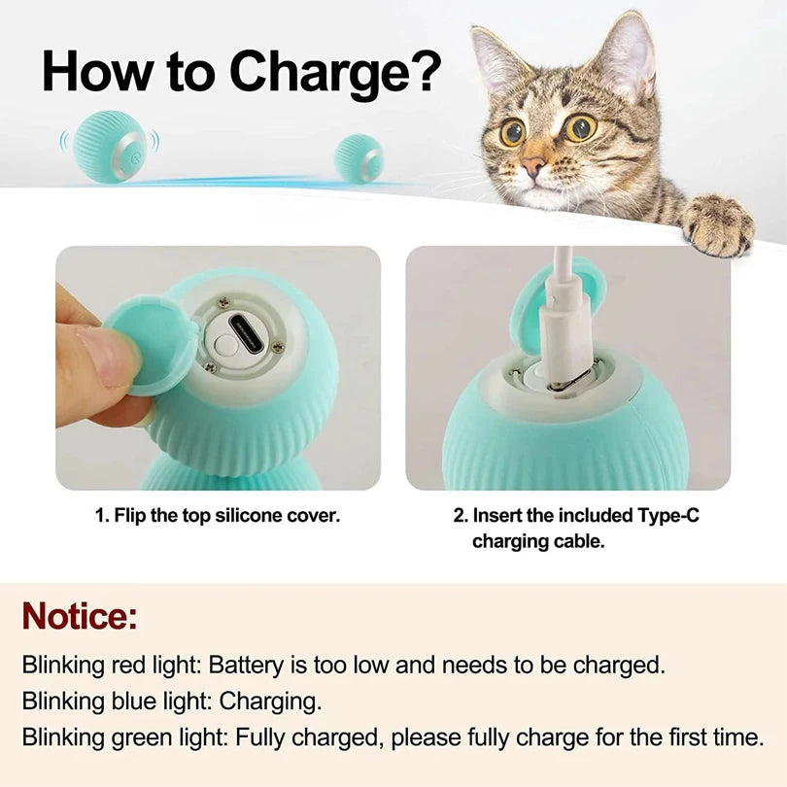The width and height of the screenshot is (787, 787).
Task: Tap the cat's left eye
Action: (512, 133)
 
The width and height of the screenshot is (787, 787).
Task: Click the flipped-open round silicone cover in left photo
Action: (152, 344)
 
